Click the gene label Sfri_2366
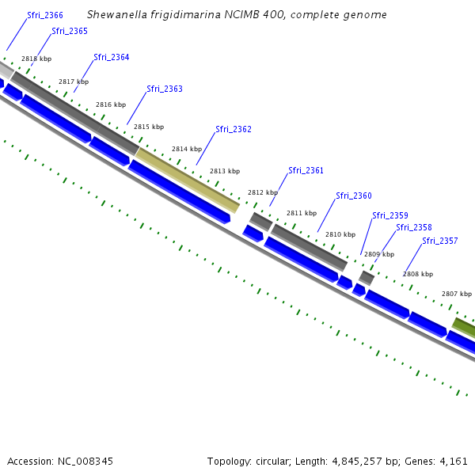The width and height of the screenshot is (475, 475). [x=45, y=15]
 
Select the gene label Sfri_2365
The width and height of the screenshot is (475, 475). [x=70, y=31]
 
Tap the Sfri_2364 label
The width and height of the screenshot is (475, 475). [x=111, y=57]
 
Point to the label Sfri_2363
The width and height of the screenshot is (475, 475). [x=165, y=89]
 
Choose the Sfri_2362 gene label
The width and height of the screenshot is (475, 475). [x=234, y=129]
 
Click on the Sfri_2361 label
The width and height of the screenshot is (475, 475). [x=306, y=170]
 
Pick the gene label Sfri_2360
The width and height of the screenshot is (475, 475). [x=353, y=196]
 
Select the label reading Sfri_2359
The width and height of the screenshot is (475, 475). [x=390, y=215]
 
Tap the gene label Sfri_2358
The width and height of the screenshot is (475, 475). [x=414, y=227]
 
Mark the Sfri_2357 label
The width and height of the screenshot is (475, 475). [x=439, y=241]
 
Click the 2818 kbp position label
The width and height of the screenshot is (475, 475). [x=36, y=59]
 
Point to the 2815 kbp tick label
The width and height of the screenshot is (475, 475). [x=149, y=127]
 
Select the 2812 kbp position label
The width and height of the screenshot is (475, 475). [x=263, y=192]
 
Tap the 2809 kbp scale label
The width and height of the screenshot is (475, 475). [x=379, y=254]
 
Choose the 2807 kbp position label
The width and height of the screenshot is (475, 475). [x=457, y=293]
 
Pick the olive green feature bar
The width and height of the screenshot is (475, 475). [x=465, y=325]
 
